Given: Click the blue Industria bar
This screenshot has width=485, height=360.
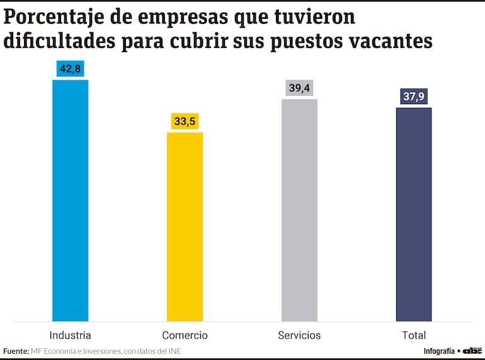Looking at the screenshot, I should (70, 200).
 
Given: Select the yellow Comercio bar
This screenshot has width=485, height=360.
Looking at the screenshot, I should (185, 227).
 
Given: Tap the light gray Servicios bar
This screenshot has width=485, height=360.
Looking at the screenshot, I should (299, 210).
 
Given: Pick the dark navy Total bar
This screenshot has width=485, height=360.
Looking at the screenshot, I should (414, 214).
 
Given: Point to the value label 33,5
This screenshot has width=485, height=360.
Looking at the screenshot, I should (185, 122).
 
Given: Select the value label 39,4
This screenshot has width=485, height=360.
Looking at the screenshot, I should (299, 88).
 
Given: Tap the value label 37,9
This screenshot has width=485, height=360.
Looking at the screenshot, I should (414, 97).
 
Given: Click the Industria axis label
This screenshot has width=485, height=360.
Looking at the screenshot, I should (70, 335).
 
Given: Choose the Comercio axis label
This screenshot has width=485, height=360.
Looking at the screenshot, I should (185, 335).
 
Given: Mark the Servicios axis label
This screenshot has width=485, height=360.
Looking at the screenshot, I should (299, 335).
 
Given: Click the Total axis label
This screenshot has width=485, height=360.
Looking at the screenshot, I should (414, 335).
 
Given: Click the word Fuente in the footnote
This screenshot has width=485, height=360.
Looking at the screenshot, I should (15, 351).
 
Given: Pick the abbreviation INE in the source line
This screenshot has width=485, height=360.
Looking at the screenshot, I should (182, 351).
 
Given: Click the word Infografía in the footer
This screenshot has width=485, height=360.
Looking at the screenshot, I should (439, 351).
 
